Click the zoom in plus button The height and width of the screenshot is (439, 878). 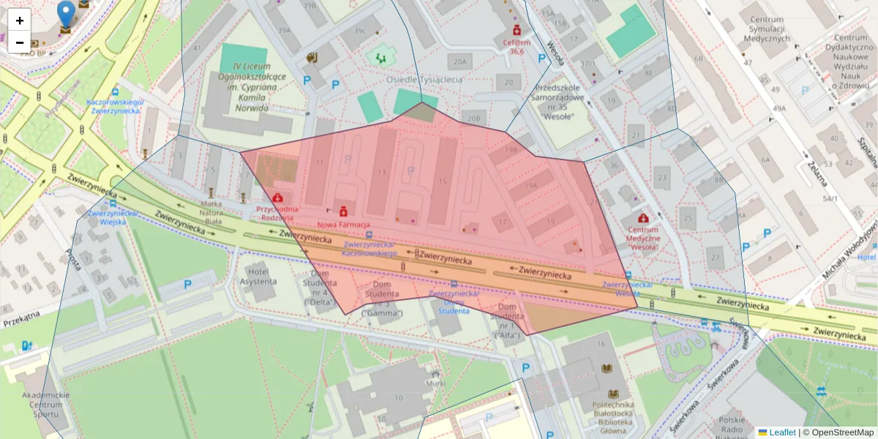point(20,20)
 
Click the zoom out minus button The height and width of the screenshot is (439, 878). point(20,42)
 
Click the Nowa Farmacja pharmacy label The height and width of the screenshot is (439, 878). point(343,224)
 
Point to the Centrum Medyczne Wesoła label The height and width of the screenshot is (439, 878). point(643,239)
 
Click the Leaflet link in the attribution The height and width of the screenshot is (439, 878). point(782,432)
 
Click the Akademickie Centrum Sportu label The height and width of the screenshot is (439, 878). point(45,404)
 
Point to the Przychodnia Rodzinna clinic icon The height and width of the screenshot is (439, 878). point(278,197)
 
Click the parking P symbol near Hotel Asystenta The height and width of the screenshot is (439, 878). point(187,284)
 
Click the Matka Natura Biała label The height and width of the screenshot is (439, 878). point(206,212)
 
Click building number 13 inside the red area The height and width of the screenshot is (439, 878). point(381,171)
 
